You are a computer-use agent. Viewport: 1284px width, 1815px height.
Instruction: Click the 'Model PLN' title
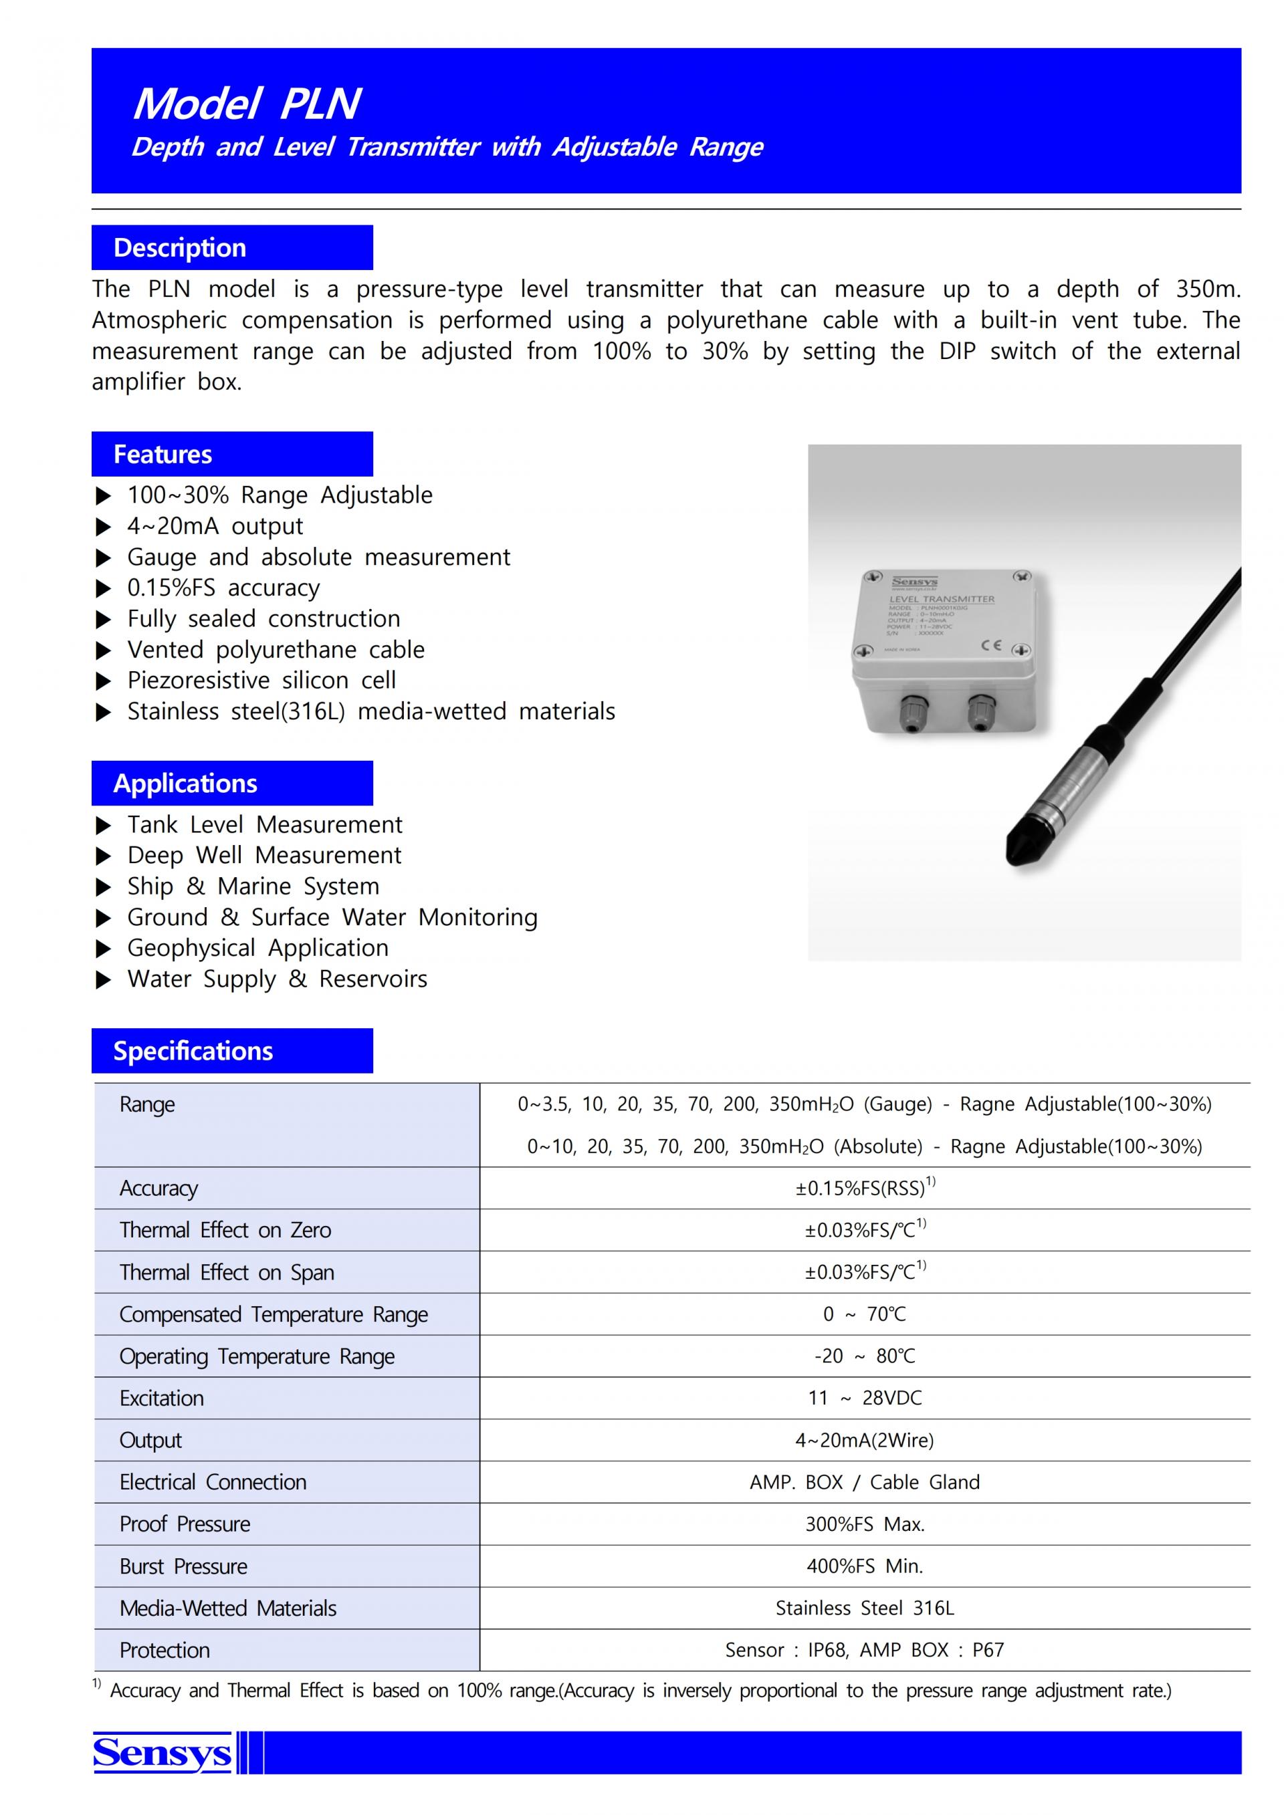[x=247, y=104]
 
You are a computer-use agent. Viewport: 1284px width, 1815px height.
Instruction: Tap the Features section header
[x=163, y=455]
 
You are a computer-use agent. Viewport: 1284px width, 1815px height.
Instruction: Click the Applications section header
[x=185, y=783]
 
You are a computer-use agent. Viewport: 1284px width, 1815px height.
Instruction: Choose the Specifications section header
[x=193, y=1051]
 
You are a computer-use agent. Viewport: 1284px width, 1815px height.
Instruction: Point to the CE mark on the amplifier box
[x=992, y=645]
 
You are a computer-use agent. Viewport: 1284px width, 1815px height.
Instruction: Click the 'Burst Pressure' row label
[x=183, y=1566]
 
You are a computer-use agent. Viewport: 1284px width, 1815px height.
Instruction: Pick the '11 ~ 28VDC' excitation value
[x=865, y=1398]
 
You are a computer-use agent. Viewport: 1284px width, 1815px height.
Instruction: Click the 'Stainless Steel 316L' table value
[x=865, y=1608]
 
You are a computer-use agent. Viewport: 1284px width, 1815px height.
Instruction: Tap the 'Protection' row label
[x=165, y=1650]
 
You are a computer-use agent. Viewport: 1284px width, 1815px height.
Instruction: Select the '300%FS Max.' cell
[x=865, y=1524]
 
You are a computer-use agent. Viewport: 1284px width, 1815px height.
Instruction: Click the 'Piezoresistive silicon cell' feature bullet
[x=261, y=680]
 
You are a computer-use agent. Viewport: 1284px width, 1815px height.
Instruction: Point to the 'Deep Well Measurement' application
[x=264, y=855]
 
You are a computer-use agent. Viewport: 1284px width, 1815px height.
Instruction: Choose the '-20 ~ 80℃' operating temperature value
[x=865, y=1356]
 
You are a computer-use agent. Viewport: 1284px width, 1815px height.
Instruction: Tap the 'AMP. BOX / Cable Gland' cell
[x=865, y=1482]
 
